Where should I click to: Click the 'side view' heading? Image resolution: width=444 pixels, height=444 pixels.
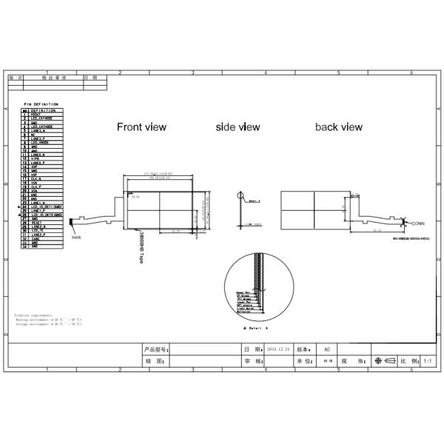238,127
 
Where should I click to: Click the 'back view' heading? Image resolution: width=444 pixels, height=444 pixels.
338,127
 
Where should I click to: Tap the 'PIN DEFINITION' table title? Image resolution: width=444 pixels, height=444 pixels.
41,104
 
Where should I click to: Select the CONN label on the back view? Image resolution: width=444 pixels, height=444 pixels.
418,222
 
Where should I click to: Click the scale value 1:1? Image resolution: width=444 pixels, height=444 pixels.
427,361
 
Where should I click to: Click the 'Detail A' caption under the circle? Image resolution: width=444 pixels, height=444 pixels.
255,326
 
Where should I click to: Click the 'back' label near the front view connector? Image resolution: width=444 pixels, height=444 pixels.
76,237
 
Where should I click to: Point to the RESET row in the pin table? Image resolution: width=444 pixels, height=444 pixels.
36,223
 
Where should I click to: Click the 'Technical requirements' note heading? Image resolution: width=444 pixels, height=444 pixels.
34,314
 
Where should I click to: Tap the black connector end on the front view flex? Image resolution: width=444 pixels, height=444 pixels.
73,229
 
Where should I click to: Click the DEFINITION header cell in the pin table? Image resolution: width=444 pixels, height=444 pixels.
44,110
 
